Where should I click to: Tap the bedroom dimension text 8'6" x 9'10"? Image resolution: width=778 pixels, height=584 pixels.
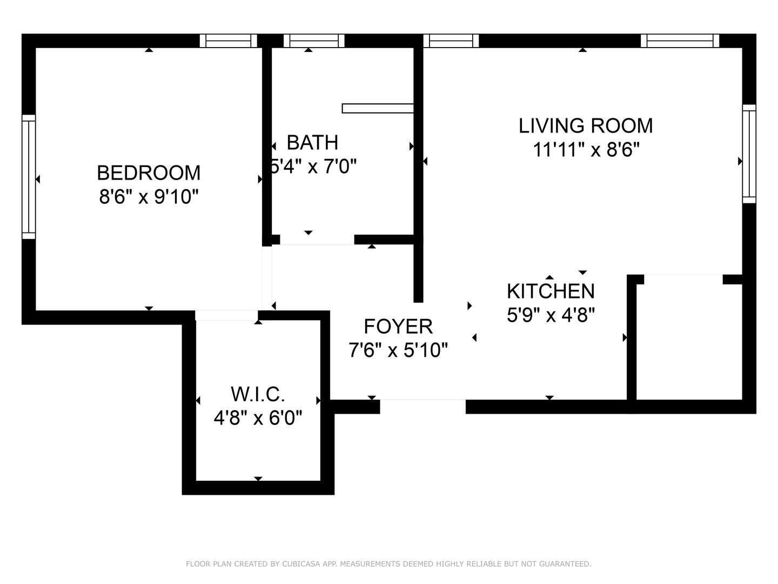tap(149, 196)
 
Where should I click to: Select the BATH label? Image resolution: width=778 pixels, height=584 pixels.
tap(312, 142)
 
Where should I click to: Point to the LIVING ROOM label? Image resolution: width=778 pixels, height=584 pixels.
tap(586, 126)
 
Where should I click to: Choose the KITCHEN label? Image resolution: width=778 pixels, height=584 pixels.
tap(551, 291)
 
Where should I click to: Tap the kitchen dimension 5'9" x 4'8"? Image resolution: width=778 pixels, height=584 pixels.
tap(551, 315)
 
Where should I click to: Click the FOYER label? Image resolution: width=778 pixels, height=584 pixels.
tap(398, 326)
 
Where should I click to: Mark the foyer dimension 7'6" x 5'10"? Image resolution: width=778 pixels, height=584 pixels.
tap(398, 350)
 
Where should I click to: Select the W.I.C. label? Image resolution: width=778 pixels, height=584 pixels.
tap(258, 394)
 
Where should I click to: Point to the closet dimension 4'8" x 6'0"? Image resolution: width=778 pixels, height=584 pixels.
tap(258, 417)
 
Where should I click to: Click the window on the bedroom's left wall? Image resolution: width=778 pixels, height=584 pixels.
tap(29, 177)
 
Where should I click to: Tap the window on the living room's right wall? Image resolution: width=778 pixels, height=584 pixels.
tap(749, 154)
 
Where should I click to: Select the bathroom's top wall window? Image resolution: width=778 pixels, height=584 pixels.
tap(314, 41)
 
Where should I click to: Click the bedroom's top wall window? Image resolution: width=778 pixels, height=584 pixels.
tap(228, 41)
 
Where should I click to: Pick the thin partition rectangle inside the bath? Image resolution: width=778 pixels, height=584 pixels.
tap(378, 108)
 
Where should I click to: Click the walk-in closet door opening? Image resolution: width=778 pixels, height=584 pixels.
tap(226, 315)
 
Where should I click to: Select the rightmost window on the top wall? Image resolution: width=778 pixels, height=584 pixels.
tap(680, 41)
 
